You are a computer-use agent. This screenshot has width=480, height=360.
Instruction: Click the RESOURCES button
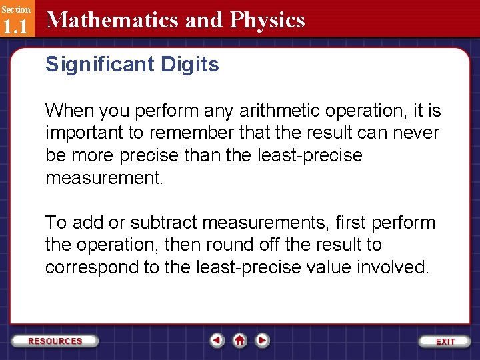(55, 341)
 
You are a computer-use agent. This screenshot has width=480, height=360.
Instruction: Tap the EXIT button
(445, 341)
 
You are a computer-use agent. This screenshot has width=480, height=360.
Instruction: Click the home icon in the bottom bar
(239, 341)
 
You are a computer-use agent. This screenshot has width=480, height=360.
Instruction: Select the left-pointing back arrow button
(217, 341)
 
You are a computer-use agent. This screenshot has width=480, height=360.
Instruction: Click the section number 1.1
(15, 27)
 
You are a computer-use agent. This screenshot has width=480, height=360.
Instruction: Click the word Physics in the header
(267, 20)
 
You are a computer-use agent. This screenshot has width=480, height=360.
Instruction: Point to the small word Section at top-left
(15, 9)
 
